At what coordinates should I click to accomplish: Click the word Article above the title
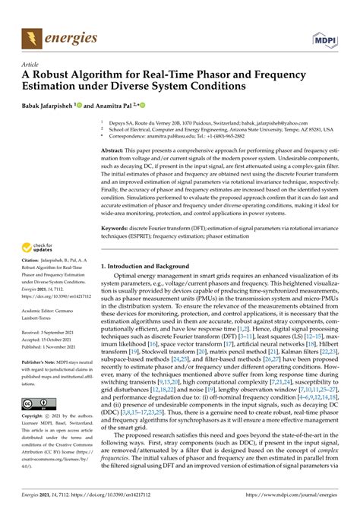(x=32, y=65)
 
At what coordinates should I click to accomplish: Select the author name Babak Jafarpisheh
(x=55, y=108)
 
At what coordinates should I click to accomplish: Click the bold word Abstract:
(x=116, y=150)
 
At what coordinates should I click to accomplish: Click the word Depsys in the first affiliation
(x=118, y=122)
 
